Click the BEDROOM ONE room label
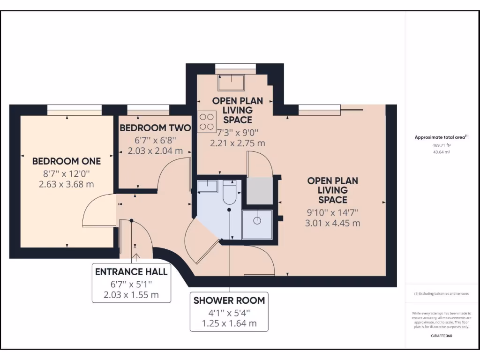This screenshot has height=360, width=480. (67, 161)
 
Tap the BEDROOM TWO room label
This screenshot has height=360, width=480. (155, 128)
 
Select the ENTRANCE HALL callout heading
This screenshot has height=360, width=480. (131, 272)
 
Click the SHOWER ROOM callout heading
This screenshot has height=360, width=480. (229, 300)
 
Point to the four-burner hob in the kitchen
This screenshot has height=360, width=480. (204, 121)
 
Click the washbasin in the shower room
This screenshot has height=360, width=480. (207, 186)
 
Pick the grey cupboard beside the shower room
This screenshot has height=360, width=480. (259, 191)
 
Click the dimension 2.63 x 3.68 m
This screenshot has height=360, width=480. (67, 184)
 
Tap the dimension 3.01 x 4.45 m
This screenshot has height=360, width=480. (333, 224)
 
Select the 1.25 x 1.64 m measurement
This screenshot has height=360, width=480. (229, 323)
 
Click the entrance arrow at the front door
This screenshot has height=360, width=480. (136, 256)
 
